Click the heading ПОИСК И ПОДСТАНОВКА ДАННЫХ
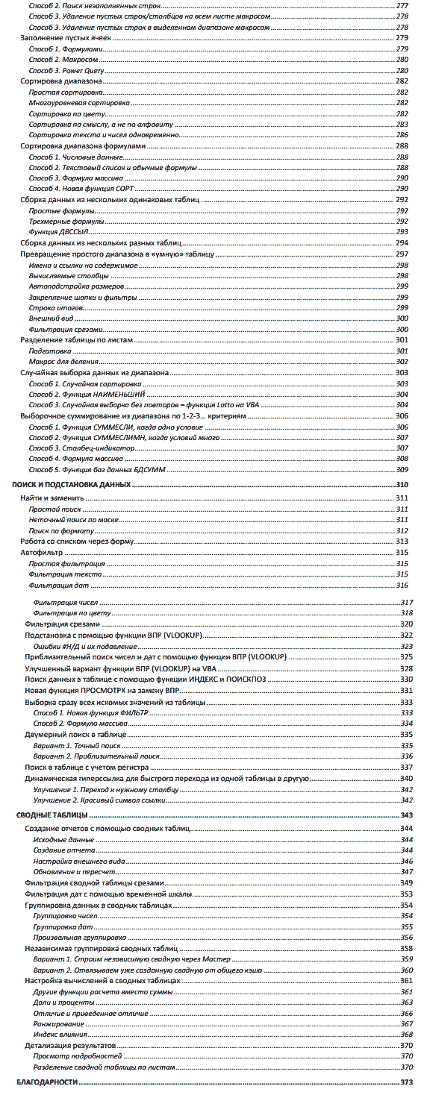tap(72, 485)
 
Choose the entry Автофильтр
tap(42, 553)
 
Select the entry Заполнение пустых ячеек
tap(61, 37)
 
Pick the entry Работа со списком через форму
tap(78, 541)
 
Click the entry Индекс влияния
tap(60, 1034)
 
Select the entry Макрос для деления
tap(60, 361)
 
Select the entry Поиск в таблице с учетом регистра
tap(87, 767)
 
